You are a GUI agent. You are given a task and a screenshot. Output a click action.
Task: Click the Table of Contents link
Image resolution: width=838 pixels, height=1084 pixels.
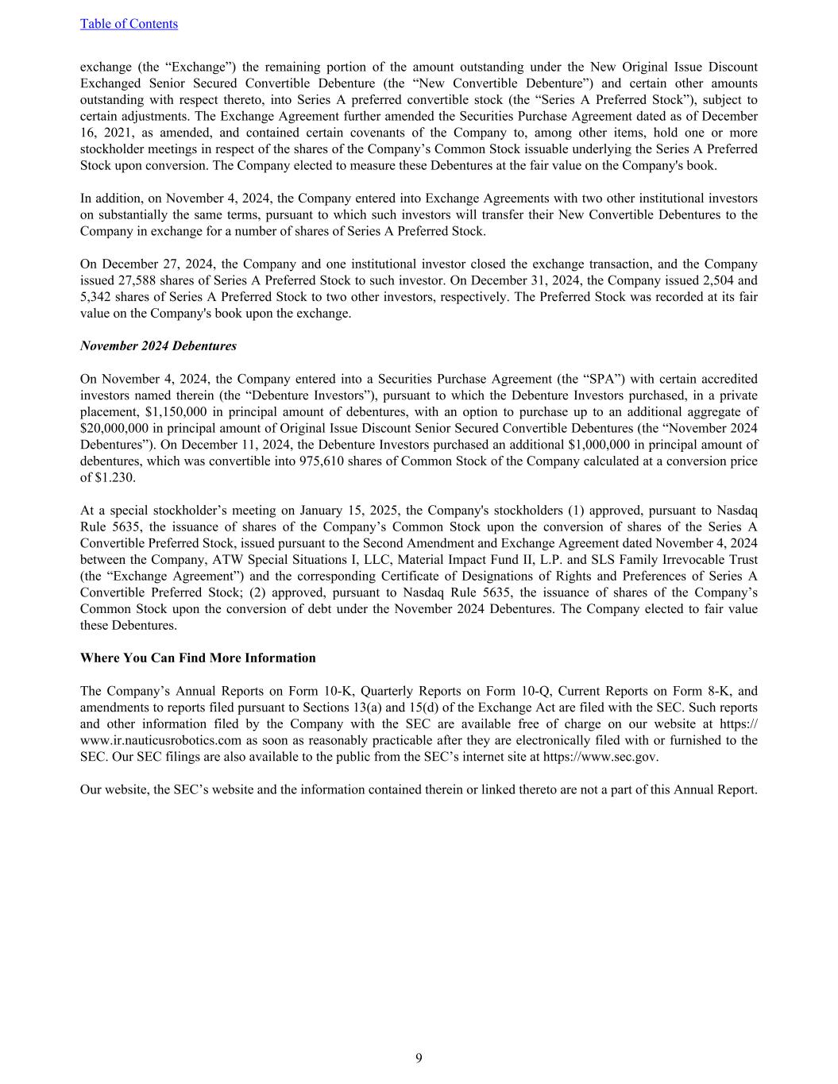pyautogui.click(x=129, y=24)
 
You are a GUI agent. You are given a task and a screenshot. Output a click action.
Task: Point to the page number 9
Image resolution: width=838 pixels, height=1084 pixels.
pyautogui.click(x=419, y=1058)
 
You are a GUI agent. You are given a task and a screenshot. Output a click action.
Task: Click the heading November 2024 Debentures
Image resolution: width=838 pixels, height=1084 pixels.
pyautogui.click(x=158, y=346)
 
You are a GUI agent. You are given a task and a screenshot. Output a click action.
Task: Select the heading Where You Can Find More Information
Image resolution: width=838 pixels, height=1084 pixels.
pyautogui.click(x=198, y=658)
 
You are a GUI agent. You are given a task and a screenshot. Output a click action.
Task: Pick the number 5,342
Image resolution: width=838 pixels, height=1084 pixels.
pyautogui.click(x=97, y=297)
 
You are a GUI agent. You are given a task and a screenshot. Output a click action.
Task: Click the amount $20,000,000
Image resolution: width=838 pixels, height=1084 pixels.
pyautogui.click(x=114, y=429)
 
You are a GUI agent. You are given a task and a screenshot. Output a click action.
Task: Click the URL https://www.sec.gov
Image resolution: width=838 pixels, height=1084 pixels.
pyautogui.click(x=600, y=757)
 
